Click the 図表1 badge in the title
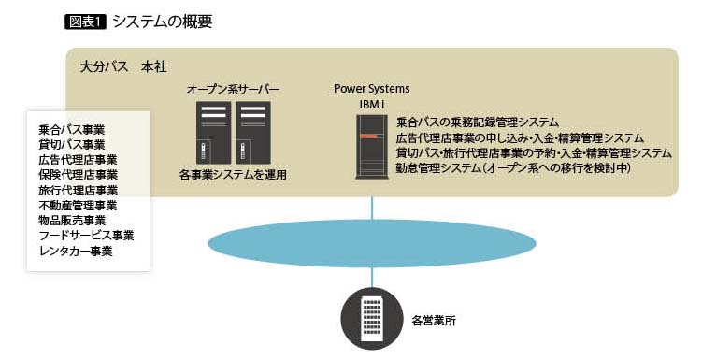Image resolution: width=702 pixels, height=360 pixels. [85, 22]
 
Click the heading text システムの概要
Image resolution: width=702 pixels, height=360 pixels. [162, 22]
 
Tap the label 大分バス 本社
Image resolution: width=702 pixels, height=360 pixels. [123, 67]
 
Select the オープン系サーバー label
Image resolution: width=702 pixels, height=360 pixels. [233, 90]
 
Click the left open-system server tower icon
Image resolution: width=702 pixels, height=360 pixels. [213, 133]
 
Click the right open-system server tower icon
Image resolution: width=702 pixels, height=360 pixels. [253, 133]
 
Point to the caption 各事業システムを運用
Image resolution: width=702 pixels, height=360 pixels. [233, 175]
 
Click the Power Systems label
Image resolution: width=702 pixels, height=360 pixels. [372, 89]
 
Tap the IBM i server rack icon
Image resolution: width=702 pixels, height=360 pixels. [372, 147]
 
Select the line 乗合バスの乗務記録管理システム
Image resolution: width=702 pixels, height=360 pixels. [478, 122]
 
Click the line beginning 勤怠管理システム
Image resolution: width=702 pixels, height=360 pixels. [513, 168]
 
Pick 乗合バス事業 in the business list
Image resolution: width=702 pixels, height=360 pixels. [72, 130]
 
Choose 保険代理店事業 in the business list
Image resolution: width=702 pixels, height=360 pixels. [78, 175]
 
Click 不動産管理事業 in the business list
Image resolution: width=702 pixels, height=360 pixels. [78, 206]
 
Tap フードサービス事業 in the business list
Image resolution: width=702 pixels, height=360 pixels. [86, 236]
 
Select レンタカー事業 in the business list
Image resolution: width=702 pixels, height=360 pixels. [76, 252]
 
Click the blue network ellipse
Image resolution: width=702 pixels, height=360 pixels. [372, 243]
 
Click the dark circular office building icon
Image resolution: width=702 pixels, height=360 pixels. [372, 318]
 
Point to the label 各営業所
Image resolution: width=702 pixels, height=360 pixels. [434, 321]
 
